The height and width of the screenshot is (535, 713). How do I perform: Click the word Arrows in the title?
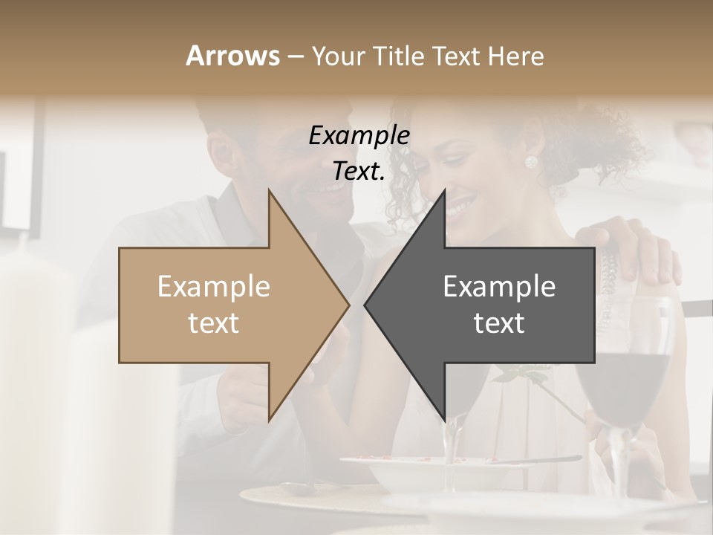pos(232,56)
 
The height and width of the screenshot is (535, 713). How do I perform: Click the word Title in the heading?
pos(394,56)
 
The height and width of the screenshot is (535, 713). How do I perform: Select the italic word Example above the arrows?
pos(359,136)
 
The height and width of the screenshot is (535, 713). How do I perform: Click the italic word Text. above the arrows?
pos(359,171)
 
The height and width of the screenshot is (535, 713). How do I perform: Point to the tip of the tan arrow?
pos(347,305)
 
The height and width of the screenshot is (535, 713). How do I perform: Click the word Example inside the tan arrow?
pos(214,287)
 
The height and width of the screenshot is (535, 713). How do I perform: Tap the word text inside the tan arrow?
pos(214,322)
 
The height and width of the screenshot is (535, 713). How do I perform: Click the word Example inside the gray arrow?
pos(499,287)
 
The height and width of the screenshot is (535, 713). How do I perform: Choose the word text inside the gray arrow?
pos(499,322)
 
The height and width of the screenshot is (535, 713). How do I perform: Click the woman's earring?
pos(531,162)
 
